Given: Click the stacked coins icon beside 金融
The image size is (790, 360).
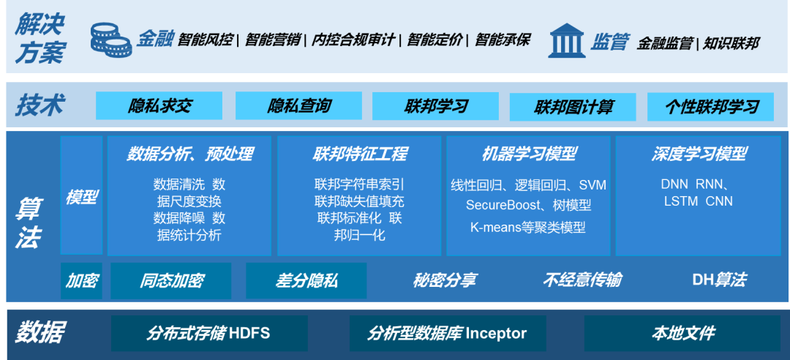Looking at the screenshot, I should [x=110, y=40].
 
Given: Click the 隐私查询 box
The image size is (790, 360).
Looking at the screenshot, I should [x=298, y=106].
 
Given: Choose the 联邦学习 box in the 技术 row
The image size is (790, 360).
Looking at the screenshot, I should [x=435, y=106].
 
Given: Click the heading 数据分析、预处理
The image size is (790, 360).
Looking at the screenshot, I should [x=189, y=154].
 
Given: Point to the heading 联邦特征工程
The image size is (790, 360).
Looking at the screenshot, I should [x=359, y=154].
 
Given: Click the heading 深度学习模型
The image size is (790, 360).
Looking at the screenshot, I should [x=699, y=154].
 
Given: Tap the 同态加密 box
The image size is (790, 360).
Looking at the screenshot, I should [x=171, y=280].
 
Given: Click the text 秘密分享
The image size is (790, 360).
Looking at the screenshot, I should [x=444, y=280].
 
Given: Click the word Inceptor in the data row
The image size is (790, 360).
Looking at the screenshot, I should [x=495, y=334].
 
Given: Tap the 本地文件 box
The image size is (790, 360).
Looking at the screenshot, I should [x=682, y=334].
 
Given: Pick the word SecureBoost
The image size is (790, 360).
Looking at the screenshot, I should [x=501, y=206].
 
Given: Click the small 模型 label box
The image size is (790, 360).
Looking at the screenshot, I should [x=81, y=196].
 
